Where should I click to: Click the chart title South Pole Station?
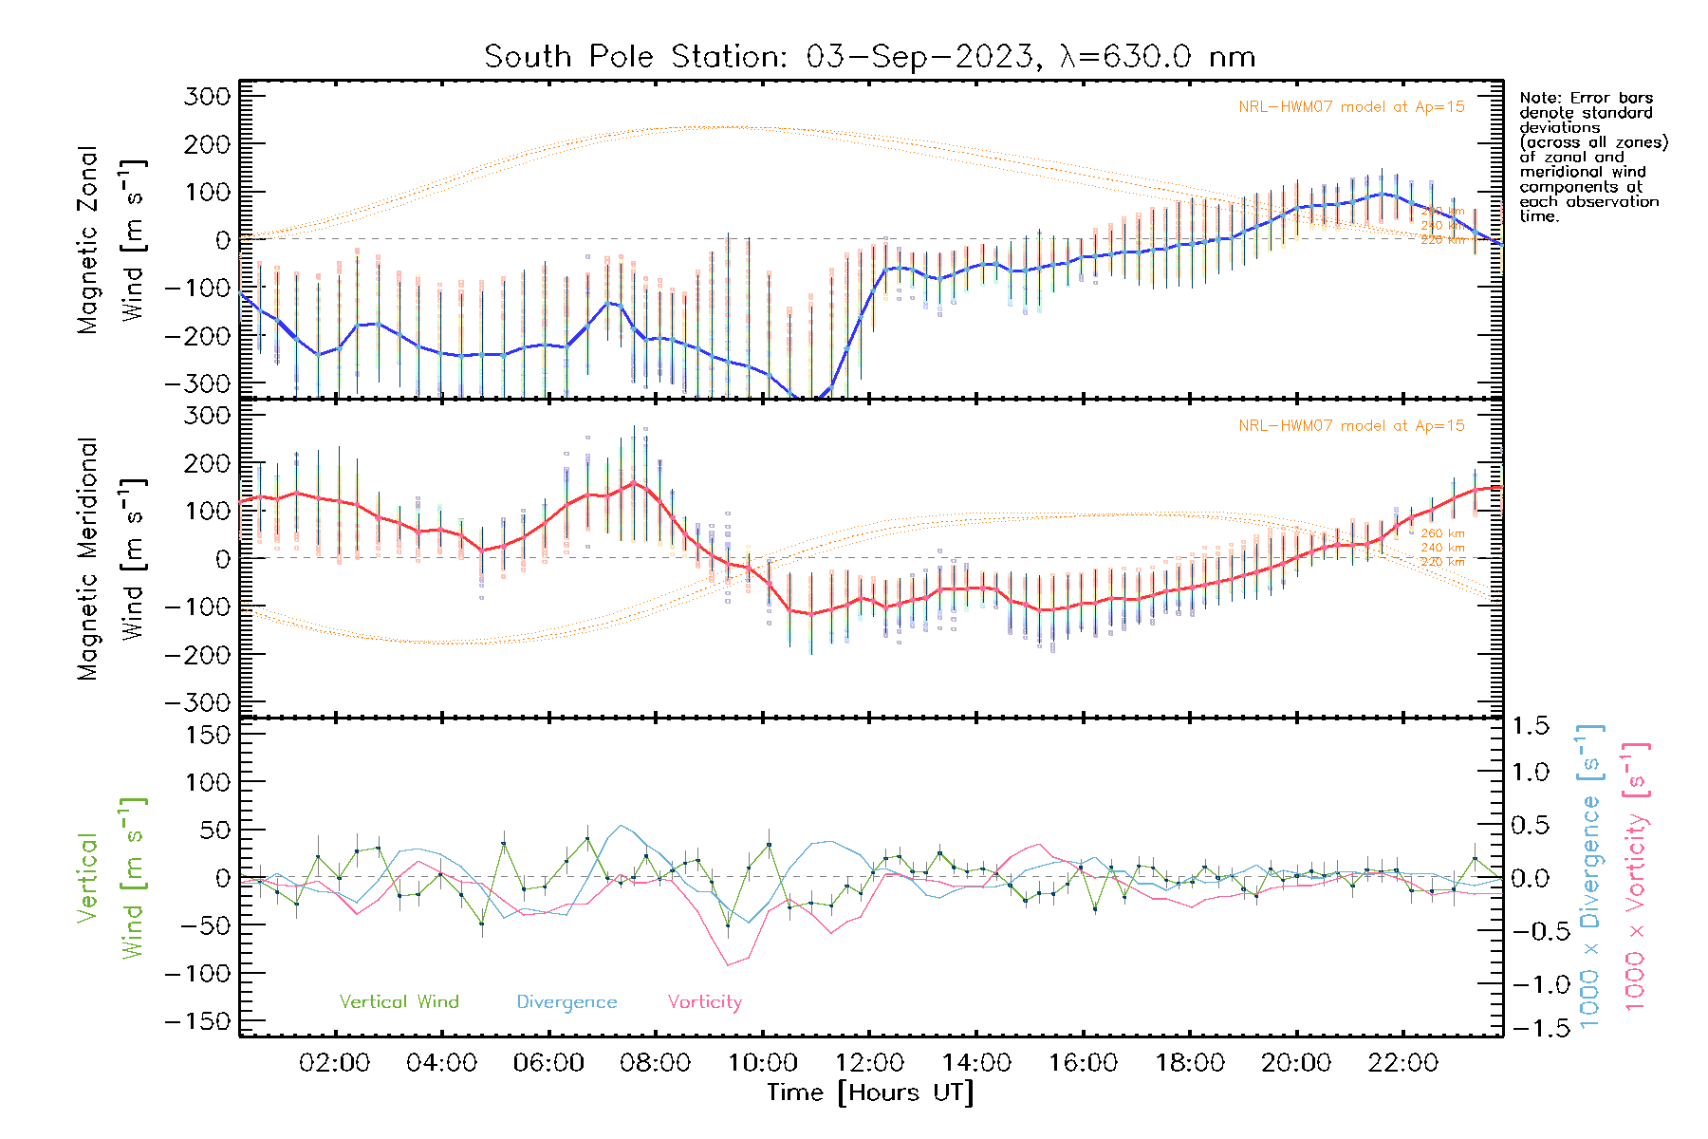pos(869,57)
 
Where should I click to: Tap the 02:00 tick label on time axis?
pos(334,1063)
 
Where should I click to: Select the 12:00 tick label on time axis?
pos(869,1063)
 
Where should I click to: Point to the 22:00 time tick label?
pos(1403,1063)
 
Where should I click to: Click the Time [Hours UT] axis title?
pos(869,1092)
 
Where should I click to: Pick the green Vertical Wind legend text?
pos(399,1002)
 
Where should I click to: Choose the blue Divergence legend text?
pos(566,1002)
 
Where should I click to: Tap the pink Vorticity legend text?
pos(704,1002)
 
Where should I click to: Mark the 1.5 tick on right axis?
pos(1530,726)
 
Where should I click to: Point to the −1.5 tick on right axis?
pos(1530,1028)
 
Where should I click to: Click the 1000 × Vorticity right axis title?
pos(1636,877)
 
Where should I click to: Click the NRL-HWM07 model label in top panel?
pos(1351,107)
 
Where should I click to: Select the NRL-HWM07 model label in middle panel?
pos(1351,426)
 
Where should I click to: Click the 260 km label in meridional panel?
pos(1442,533)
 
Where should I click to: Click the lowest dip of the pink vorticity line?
pos(728,965)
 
